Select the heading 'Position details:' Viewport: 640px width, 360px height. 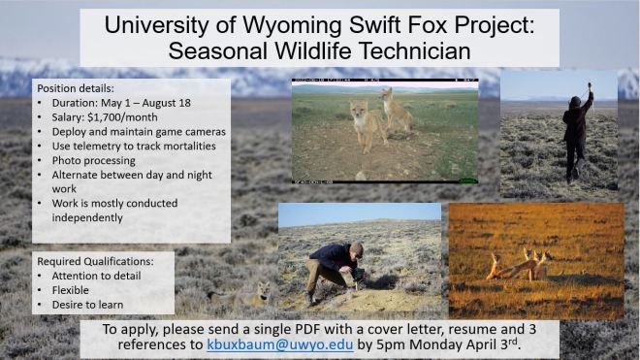pyautogui.click(x=77, y=86)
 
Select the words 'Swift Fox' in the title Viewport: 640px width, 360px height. pyautogui.click(x=408, y=24)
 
